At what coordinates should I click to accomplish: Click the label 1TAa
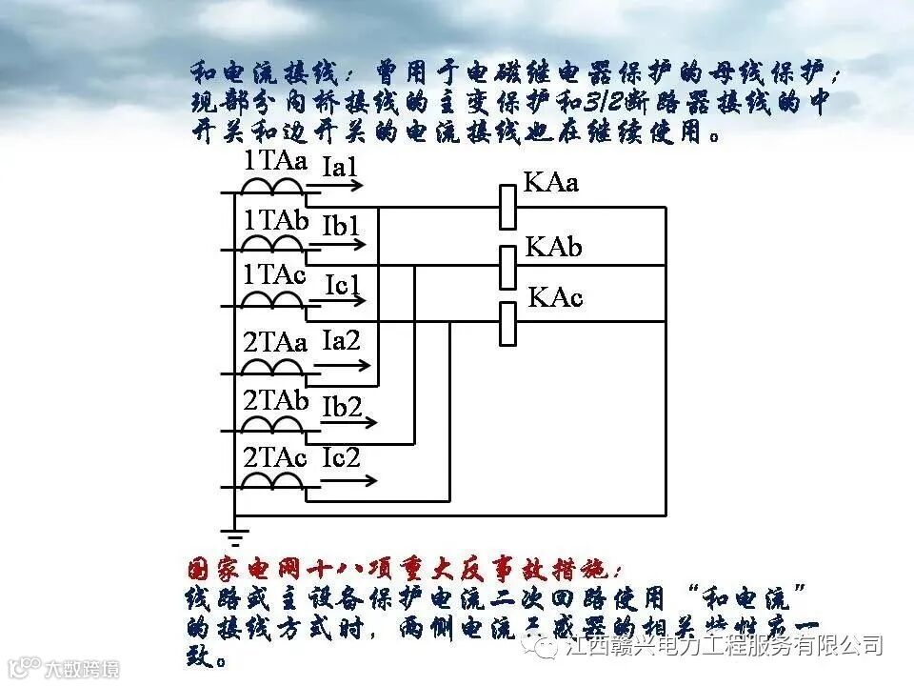[x=275, y=160]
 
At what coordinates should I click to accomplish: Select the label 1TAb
[x=276, y=220]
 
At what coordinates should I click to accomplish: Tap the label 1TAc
[x=274, y=275]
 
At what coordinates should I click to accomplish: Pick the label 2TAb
[x=276, y=400]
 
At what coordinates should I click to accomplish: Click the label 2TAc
[x=275, y=457]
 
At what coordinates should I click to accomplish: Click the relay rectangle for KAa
[x=507, y=207]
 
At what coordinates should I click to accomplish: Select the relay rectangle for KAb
[x=507, y=266]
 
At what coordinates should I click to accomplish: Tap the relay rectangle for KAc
[x=507, y=322]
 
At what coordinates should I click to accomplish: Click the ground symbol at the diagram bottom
[x=234, y=534]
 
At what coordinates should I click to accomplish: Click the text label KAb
[x=553, y=248]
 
